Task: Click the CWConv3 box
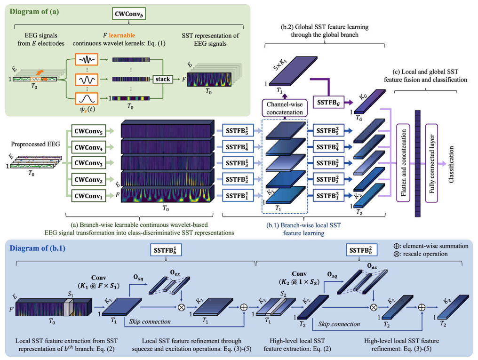[88, 163]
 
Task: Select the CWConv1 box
[88, 196]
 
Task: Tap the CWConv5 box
[88, 131]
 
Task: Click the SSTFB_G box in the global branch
[328, 102]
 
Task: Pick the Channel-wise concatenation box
[285, 108]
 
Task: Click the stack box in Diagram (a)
[163, 79]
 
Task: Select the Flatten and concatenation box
[403, 163]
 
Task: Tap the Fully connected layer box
[431, 163]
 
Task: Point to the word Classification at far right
[451, 164]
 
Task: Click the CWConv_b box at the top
[128, 14]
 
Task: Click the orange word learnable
[122, 35]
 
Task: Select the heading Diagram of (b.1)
[38, 248]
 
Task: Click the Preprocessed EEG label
[35, 144]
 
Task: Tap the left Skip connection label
[150, 321]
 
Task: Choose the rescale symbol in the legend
[396, 254]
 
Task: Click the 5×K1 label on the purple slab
[280, 64]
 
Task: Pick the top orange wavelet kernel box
[87, 59]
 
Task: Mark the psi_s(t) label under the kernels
[88, 109]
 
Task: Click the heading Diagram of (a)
[34, 12]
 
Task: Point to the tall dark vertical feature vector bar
[418, 164]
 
